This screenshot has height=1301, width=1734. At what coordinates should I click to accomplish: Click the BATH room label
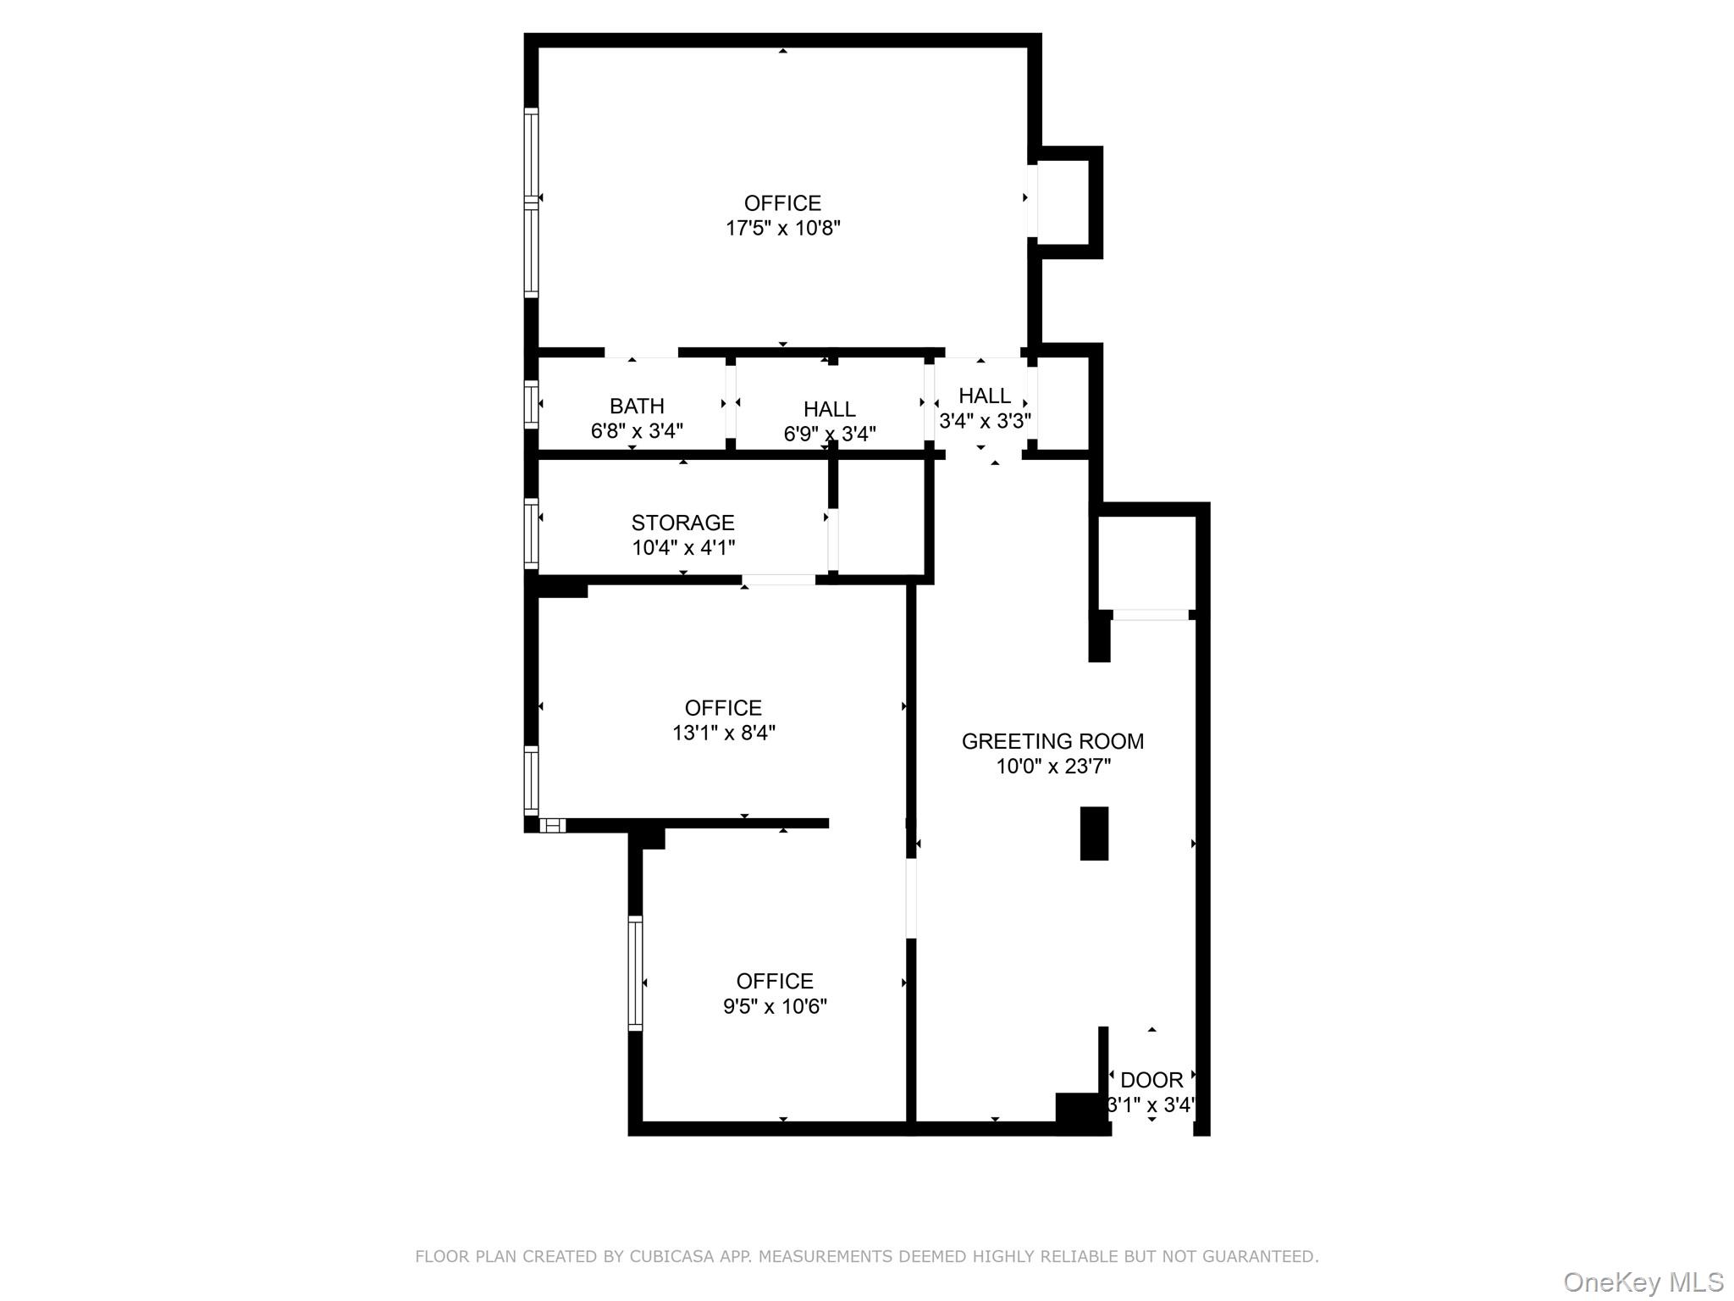pyautogui.click(x=637, y=406)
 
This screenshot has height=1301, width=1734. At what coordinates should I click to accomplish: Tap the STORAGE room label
pyautogui.click(x=682, y=523)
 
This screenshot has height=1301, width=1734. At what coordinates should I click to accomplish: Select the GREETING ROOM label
pyautogui.click(x=1052, y=741)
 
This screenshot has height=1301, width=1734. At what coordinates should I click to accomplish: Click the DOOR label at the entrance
pyautogui.click(x=1151, y=1080)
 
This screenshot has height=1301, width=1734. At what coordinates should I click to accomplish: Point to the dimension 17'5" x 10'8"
pyautogui.click(x=782, y=228)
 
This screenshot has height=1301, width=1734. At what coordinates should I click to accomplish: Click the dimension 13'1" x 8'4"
pyautogui.click(x=724, y=733)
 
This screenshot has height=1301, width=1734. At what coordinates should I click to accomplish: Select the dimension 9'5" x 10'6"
pyautogui.click(x=775, y=1006)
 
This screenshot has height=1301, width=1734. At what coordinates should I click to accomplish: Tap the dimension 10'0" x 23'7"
pyautogui.click(x=1052, y=767)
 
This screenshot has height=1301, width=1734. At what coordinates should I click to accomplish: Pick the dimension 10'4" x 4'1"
pyautogui.click(x=682, y=547)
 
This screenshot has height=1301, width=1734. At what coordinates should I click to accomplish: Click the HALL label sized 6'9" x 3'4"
pyautogui.click(x=829, y=409)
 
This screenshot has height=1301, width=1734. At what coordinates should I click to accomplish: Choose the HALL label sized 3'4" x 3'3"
pyautogui.click(x=984, y=396)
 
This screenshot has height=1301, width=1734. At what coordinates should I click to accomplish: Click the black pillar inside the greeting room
pyautogui.click(x=1094, y=833)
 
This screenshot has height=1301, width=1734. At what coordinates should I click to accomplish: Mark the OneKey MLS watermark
pyautogui.click(x=1643, y=1282)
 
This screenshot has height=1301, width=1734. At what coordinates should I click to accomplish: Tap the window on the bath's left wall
pyautogui.click(x=531, y=405)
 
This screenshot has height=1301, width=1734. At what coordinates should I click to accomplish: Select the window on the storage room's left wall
pyautogui.click(x=531, y=534)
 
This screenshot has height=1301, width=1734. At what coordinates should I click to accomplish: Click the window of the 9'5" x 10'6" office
pyautogui.click(x=635, y=973)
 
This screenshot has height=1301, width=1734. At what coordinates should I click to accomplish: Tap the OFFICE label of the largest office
pyautogui.click(x=782, y=203)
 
